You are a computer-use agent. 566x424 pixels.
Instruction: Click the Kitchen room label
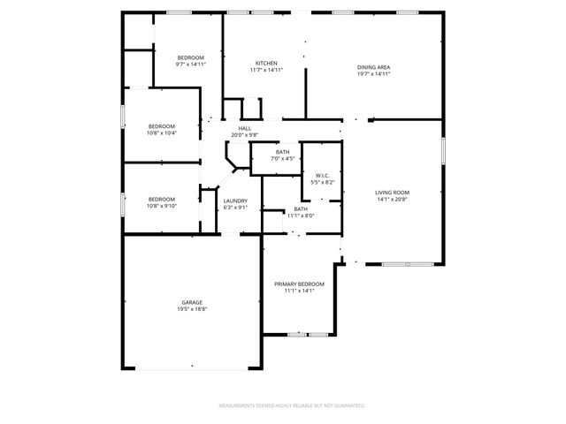[267, 64]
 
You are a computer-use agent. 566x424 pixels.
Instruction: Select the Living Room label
[393, 193]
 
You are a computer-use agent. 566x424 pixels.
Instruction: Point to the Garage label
[192, 302]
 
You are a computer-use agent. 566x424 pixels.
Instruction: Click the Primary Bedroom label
[299, 284]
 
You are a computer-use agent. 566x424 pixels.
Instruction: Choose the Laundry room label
[235, 201]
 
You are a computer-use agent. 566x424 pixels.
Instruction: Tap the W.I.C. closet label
[322, 176]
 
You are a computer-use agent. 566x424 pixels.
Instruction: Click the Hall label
[244, 128]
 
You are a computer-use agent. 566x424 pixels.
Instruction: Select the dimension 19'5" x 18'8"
[192, 310]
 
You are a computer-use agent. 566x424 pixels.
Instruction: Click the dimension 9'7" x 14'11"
[190, 64]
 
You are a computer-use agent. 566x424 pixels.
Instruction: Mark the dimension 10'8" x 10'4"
[161, 133]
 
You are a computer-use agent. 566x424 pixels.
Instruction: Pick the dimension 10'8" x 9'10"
[161, 207]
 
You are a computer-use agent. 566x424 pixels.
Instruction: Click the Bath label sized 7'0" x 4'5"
[283, 152]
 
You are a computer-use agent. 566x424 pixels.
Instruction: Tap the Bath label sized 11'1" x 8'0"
[301, 208]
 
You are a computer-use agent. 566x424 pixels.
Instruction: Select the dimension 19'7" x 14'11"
[374, 74]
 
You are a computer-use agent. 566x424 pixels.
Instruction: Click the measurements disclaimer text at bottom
[291, 405]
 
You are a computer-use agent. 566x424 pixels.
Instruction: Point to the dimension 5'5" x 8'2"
[322, 183]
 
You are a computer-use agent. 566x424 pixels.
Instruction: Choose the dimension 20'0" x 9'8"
[244, 135]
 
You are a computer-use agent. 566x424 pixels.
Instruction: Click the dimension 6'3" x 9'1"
[235, 208]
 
